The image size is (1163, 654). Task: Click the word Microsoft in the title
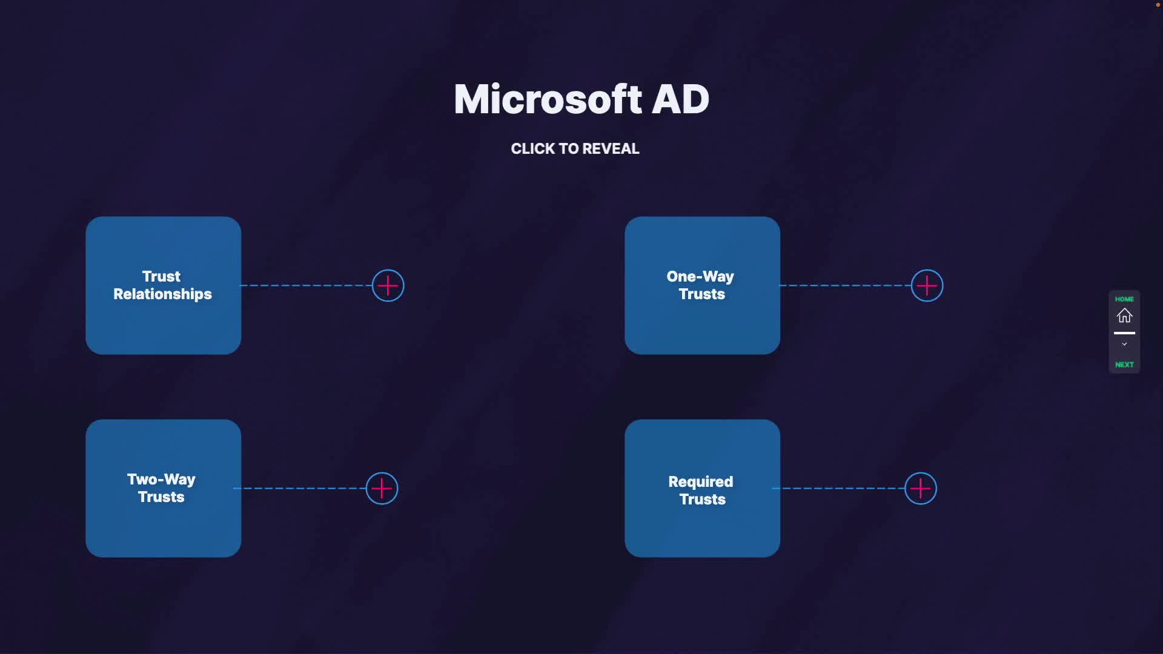(x=548, y=99)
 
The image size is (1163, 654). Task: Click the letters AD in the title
(x=680, y=99)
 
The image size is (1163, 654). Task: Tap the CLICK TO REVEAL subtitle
(x=575, y=149)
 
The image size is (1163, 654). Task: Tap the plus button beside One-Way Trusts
(x=927, y=286)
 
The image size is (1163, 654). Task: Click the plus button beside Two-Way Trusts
(x=382, y=489)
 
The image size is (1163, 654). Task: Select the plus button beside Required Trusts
(x=920, y=489)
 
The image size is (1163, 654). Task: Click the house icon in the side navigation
(x=1124, y=315)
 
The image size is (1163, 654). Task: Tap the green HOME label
(x=1124, y=299)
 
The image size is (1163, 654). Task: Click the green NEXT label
(x=1124, y=365)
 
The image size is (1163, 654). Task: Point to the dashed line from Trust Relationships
(x=306, y=285)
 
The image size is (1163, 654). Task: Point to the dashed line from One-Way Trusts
(x=845, y=285)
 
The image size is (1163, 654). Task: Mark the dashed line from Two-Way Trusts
(x=300, y=488)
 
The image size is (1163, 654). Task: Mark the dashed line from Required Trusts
(x=839, y=488)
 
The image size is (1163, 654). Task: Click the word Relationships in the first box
(x=162, y=294)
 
